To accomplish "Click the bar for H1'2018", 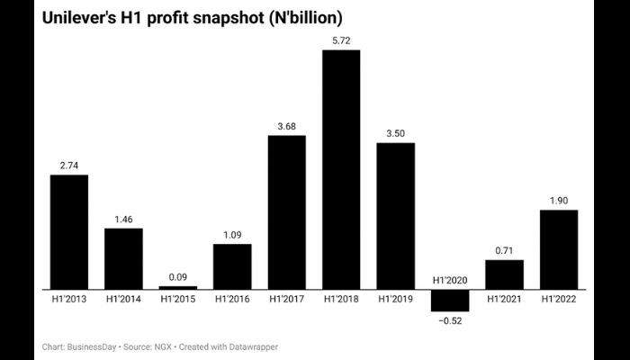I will click(x=341, y=169).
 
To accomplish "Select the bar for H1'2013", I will click(x=69, y=231).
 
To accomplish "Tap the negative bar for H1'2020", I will click(x=450, y=300).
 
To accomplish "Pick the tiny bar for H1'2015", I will click(x=178, y=287).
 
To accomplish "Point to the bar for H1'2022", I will click(x=558, y=249).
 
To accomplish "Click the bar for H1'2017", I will click(x=287, y=212).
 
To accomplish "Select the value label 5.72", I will click(x=341, y=40).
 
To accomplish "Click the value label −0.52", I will click(x=450, y=320).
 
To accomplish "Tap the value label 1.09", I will click(x=232, y=235).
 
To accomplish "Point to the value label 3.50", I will click(x=396, y=133).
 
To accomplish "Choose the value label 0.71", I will click(x=504, y=250).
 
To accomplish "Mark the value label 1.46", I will click(x=123, y=219).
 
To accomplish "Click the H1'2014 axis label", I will click(x=123, y=299).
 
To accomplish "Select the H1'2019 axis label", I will click(x=396, y=299).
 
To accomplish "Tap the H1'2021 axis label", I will click(x=504, y=299).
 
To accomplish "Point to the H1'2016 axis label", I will click(x=232, y=299).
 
